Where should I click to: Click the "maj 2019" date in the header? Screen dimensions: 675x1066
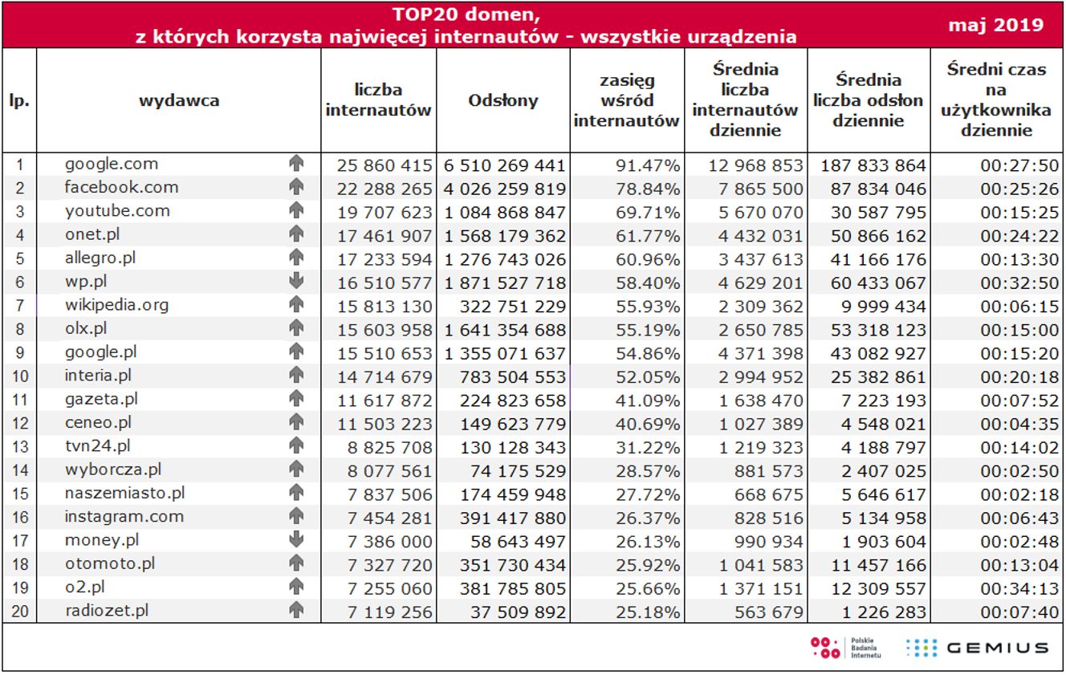click(x=995, y=25)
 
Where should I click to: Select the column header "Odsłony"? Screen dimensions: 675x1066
click(x=503, y=100)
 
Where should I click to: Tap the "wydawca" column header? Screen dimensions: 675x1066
click(x=179, y=100)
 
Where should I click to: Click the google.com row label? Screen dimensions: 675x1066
click(x=112, y=164)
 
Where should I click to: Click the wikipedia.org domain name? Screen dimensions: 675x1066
click(x=117, y=305)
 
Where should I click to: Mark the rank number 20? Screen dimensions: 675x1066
click(x=20, y=612)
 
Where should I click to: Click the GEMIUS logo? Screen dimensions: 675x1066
click(x=978, y=648)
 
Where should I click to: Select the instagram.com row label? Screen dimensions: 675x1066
click(x=124, y=517)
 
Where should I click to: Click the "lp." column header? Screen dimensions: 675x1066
click(x=20, y=100)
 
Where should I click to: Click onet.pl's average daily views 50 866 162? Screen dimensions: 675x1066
click(x=873, y=236)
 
